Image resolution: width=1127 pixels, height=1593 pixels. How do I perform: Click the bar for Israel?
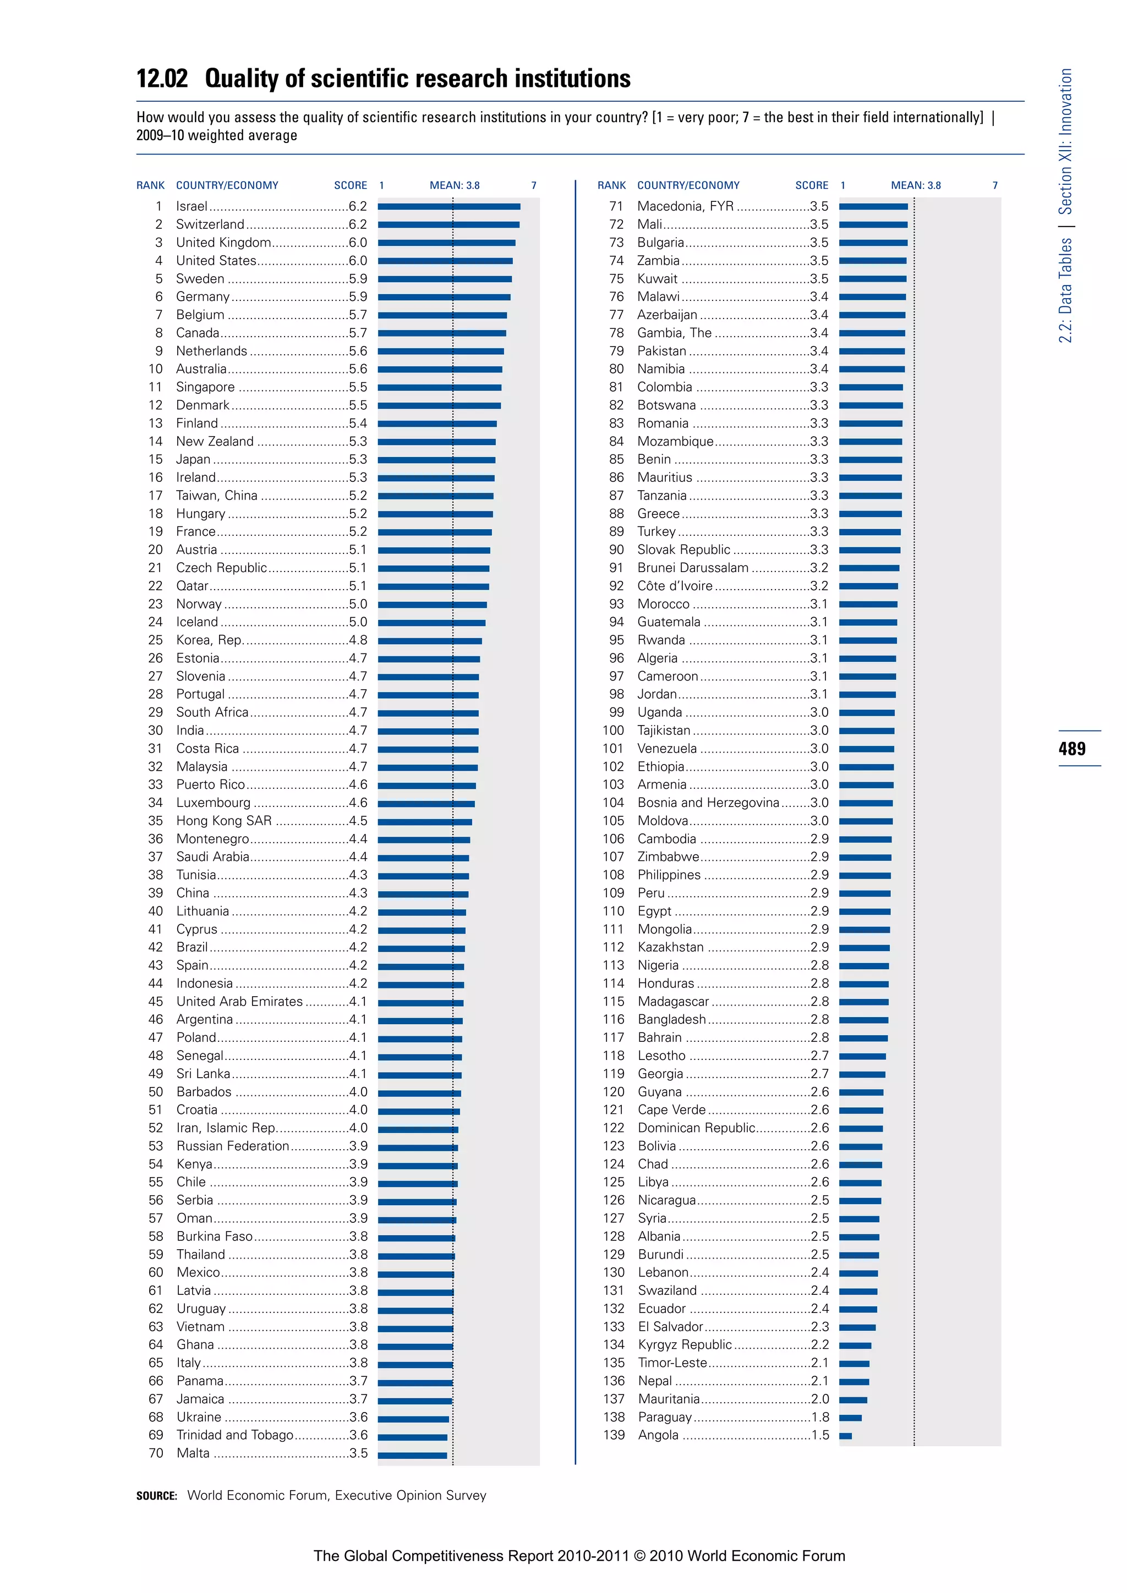[x=449, y=206]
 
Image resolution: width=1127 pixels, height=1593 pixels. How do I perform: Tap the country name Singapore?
[x=205, y=387]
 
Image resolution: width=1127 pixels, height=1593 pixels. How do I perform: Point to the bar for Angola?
[x=845, y=1436]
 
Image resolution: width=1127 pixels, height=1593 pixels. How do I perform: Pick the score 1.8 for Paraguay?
[x=819, y=1418]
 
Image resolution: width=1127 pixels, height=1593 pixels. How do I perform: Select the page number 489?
[x=1072, y=749]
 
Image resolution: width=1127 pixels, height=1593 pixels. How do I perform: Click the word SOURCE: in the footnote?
[x=157, y=1496]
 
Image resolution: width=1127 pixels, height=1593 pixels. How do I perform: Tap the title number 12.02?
[x=162, y=79]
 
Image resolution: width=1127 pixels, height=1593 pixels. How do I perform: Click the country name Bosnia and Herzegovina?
[x=708, y=803]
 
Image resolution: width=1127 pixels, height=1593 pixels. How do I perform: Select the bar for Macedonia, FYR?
[x=873, y=206]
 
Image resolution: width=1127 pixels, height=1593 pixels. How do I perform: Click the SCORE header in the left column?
[x=351, y=185]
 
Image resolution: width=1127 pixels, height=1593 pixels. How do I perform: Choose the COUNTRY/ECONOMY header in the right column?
[x=688, y=185]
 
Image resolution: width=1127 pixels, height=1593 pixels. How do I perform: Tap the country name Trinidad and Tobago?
[x=234, y=1436]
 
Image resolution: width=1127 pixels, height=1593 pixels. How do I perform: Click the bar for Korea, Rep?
[x=430, y=640]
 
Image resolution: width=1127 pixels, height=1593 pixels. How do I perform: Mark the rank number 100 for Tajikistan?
[x=613, y=730]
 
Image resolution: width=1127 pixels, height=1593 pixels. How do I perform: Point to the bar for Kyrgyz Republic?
[x=855, y=1345]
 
